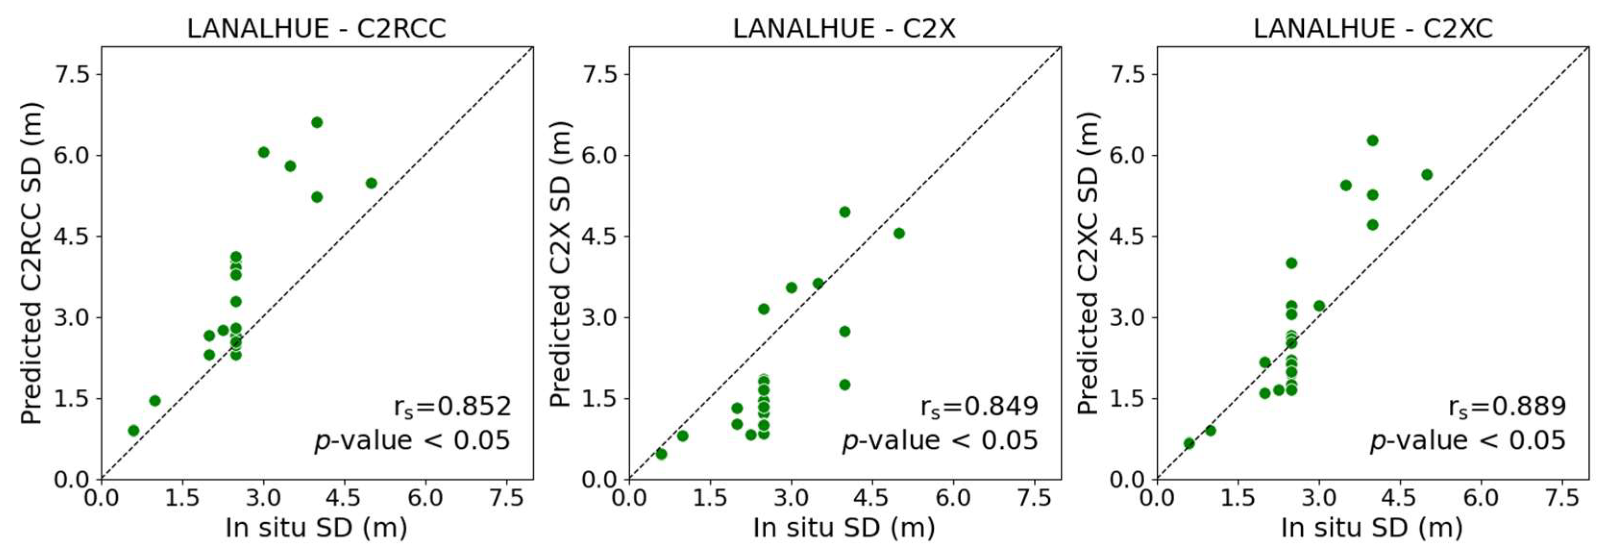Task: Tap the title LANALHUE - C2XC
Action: coord(1372,29)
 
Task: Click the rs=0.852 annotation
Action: coord(452,406)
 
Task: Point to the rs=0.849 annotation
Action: coord(980,406)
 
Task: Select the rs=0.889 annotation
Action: coord(1507,406)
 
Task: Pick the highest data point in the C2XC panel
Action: coord(1372,141)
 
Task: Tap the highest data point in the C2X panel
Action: coord(845,212)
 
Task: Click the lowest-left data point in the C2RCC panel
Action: coord(133,431)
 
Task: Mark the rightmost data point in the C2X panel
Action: coord(898,234)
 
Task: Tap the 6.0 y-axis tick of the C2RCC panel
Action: coord(72,156)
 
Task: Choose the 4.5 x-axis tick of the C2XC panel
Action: coord(1399,498)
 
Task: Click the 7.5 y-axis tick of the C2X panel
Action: coord(600,74)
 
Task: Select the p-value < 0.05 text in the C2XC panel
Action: coord(1467,441)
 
